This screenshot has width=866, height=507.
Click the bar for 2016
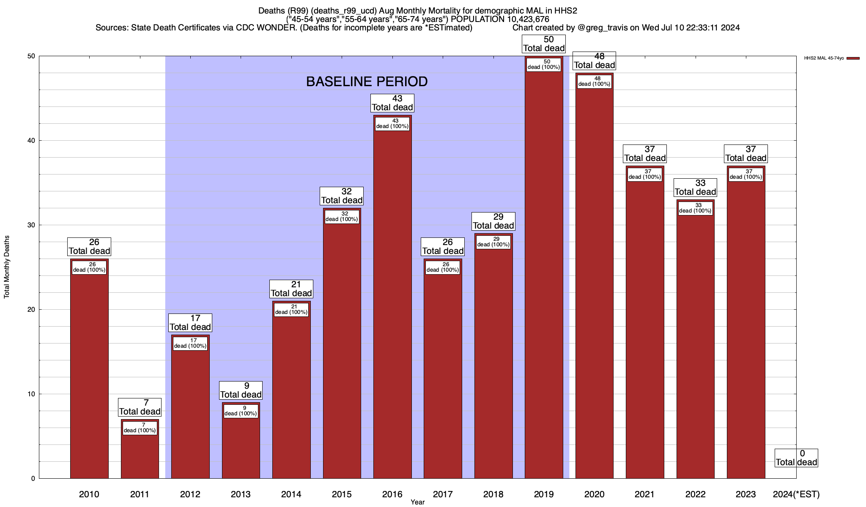tap(392, 304)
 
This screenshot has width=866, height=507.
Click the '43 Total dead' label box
tap(392, 103)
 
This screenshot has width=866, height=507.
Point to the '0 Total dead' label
tap(796, 458)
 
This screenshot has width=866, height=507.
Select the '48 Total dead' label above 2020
tap(594, 61)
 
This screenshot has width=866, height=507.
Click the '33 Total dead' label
tap(695, 188)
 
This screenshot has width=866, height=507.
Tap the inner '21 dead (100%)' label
tap(291, 309)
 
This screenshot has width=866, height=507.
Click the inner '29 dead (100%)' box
tap(493, 242)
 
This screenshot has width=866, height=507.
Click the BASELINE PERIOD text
tap(367, 82)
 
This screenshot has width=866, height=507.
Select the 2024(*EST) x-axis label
tap(796, 494)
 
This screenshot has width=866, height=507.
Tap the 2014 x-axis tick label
tap(291, 494)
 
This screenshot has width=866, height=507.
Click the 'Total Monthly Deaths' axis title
tap(7, 267)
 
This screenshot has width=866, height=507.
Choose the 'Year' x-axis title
tap(417, 502)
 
